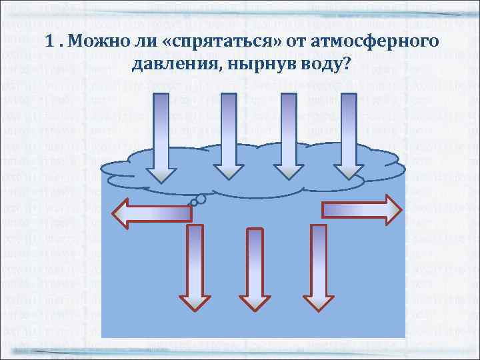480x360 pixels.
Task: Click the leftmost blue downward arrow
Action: pos(161,137)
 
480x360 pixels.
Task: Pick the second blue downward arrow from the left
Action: pos(229,137)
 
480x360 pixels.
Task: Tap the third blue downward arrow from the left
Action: pos(289,137)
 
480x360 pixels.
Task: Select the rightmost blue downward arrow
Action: pos(349,137)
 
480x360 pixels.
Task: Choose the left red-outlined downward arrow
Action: pos(194,267)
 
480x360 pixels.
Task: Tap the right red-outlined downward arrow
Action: pos(319,267)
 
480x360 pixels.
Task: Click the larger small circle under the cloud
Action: pos(200,198)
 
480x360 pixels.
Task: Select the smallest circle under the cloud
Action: pos(193,202)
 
